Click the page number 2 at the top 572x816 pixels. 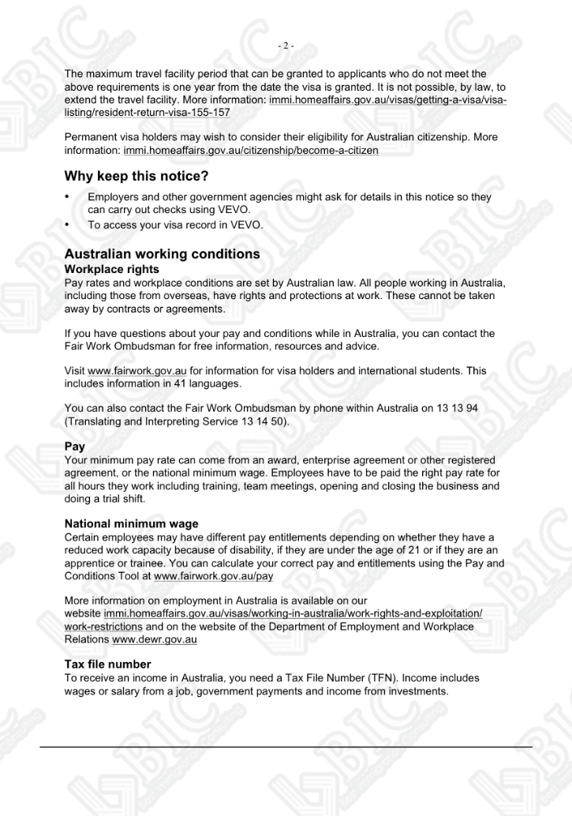pyautogui.click(x=286, y=46)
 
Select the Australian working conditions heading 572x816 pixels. pyautogui.click(x=162, y=255)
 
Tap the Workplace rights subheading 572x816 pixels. pyautogui.click(x=110, y=269)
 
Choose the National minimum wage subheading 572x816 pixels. pyautogui.click(x=131, y=523)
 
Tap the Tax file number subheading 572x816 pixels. pyautogui.click(x=107, y=664)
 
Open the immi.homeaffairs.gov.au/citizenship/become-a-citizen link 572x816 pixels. pyautogui.click(x=251, y=150)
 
